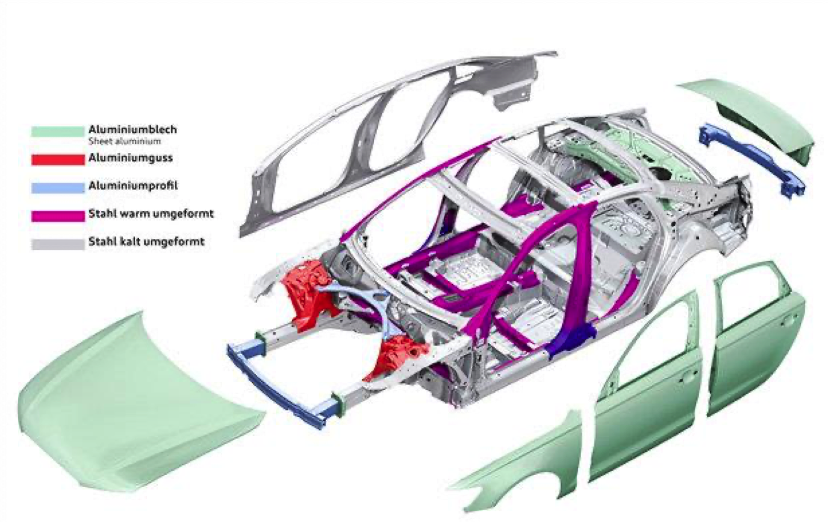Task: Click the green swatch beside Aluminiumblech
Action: click(57, 131)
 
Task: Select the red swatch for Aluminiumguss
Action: click(57, 160)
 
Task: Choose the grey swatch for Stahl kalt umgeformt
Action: click(57, 244)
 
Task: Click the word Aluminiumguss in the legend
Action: click(125, 159)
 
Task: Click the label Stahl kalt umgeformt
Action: click(139, 243)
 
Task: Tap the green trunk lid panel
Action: click(753, 115)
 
